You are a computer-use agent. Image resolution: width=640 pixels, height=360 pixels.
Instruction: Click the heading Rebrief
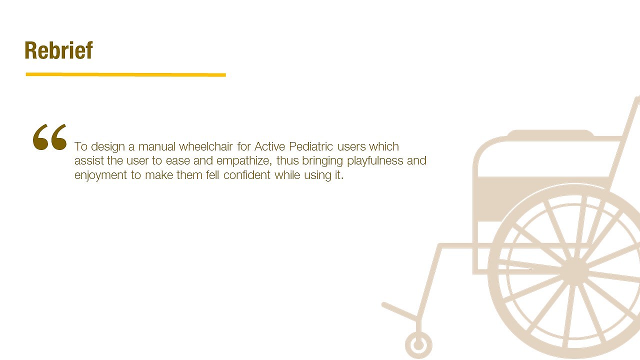(x=58, y=50)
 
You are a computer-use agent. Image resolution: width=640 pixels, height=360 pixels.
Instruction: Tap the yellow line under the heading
(x=125, y=74)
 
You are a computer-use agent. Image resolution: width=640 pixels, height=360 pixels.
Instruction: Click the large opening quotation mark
(x=49, y=137)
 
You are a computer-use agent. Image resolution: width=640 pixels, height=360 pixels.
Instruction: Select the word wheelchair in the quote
(x=205, y=146)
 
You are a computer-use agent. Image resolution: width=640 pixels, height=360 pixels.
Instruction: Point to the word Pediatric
(x=311, y=146)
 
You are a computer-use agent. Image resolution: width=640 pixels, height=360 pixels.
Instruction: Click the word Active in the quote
(x=269, y=146)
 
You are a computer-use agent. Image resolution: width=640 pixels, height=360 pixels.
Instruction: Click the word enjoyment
(x=100, y=175)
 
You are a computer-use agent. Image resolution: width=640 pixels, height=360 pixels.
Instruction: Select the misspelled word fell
(x=212, y=175)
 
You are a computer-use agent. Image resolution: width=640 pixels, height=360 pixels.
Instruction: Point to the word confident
(x=247, y=175)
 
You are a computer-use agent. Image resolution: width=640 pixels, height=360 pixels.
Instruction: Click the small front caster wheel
(x=418, y=345)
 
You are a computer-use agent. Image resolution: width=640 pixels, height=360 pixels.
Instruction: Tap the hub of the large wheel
(x=575, y=270)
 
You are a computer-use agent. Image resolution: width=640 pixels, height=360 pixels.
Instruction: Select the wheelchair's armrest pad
(x=550, y=133)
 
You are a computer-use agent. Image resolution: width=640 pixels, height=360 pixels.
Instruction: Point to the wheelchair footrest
(x=399, y=311)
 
